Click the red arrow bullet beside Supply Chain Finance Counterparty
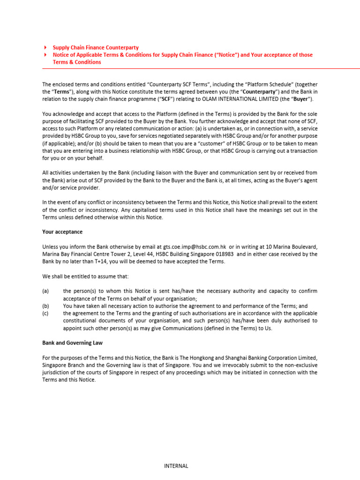[45, 48]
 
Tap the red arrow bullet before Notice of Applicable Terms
[45, 55]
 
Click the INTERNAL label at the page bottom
[176, 466]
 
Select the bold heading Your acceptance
[62, 232]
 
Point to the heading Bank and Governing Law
[73, 343]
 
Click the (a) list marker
[45, 291]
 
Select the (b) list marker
[45, 306]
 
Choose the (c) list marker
[45, 313]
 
